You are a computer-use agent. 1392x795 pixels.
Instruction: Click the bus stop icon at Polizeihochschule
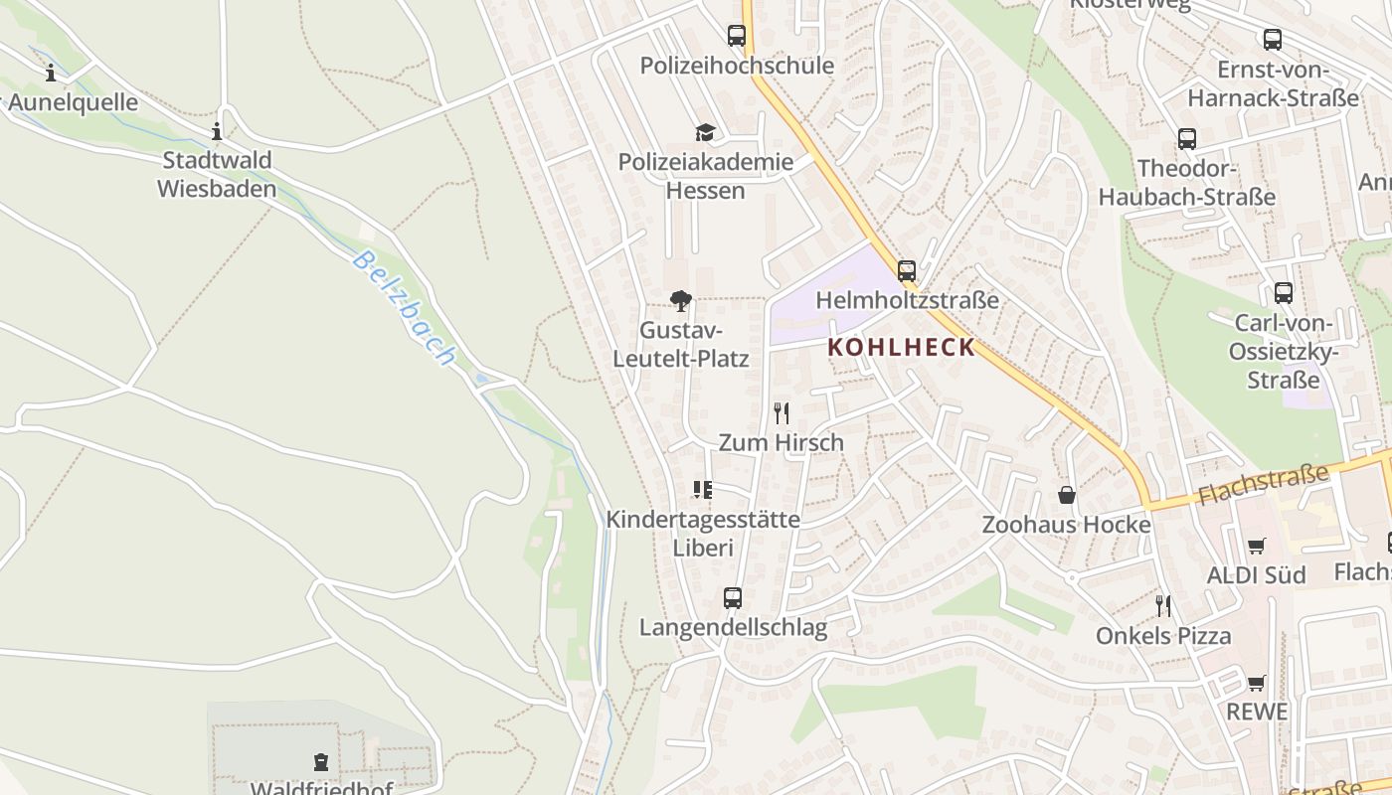tap(737, 36)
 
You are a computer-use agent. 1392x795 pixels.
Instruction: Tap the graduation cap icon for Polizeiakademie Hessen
tap(705, 132)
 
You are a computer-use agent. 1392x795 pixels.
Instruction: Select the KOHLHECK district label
tap(902, 348)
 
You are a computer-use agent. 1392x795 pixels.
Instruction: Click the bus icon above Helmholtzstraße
tap(907, 270)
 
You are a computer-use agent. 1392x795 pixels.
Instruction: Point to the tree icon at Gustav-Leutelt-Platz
tap(681, 301)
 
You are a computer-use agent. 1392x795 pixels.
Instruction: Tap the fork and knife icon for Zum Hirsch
tap(782, 413)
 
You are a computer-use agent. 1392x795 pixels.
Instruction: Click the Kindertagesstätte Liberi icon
tap(703, 489)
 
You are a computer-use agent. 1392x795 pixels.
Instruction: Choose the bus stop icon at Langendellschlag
tap(733, 598)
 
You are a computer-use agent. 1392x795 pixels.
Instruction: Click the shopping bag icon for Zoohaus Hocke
tap(1067, 495)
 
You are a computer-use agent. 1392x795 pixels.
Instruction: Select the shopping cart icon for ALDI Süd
tap(1256, 546)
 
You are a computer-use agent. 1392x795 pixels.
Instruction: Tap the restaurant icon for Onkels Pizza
tap(1163, 606)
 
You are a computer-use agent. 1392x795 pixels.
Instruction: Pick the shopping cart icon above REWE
tap(1256, 683)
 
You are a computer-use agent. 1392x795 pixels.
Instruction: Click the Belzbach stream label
tap(404, 308)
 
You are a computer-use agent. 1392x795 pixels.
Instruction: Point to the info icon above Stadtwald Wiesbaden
tap(217, 131)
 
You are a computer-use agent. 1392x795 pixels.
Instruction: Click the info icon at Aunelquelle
tap(51, 73)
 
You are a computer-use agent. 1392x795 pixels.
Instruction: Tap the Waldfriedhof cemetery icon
tap(321, 762)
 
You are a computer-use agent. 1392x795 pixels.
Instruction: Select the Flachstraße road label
tap(1263, 484)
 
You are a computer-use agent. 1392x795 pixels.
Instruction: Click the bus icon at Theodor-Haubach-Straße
tap(1186, 139)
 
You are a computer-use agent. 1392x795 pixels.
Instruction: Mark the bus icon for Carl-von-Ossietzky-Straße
tap(1284, 293)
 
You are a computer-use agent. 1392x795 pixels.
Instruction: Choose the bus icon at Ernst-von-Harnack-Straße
tap(1273, 40)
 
